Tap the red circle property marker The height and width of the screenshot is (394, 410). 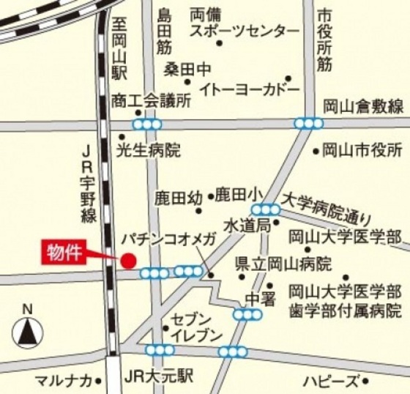[128, 260]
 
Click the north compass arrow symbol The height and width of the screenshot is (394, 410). [28, 333]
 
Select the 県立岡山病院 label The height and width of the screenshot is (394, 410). [283, 262]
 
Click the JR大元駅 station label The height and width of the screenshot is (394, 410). [159, 377]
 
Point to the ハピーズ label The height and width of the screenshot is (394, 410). [332, 381]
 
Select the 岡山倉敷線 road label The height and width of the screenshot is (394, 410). [363, 107]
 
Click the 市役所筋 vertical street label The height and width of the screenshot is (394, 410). [325, 40]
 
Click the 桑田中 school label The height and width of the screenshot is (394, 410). [187, 70]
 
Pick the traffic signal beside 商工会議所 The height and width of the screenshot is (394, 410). [147, 124]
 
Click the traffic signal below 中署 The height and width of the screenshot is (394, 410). [247, 315]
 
